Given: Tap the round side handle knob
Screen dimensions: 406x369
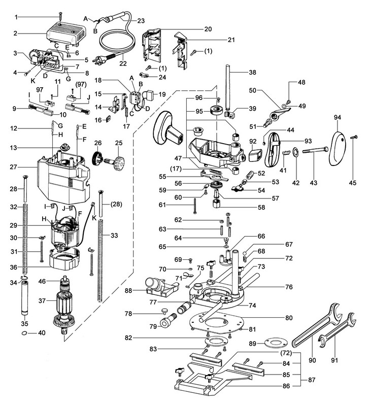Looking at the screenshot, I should click(168, 127).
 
